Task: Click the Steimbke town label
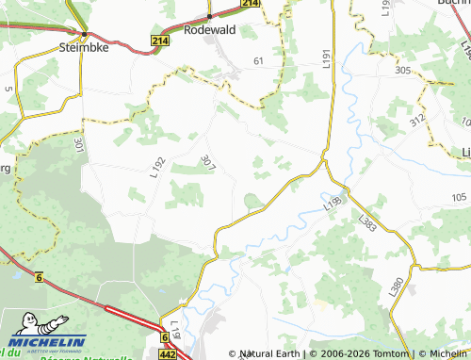[84, 45]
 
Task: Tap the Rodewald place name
[208, 30]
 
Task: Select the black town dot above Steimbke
[84, 34]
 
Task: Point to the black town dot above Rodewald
[208, 17]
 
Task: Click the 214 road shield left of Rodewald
[160, 41]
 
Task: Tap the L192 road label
[156, 167]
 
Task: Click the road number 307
[208, 162]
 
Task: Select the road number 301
[78, 146]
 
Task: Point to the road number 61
[259, 60]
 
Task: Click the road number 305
[403, 71]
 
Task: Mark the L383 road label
[367, 222]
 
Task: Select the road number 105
[459, 196]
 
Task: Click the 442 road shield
[168, 354]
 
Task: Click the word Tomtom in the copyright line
[392, 353]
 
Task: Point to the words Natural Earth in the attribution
[269, 353]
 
